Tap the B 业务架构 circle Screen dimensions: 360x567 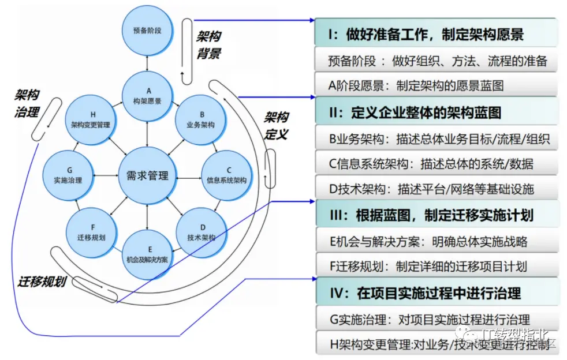[x=200, y=119]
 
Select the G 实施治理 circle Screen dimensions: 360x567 [x=68, y=175]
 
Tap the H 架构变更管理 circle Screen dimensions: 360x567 [x=91, y=119]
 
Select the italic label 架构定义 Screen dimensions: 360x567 [x=276, y=126]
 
